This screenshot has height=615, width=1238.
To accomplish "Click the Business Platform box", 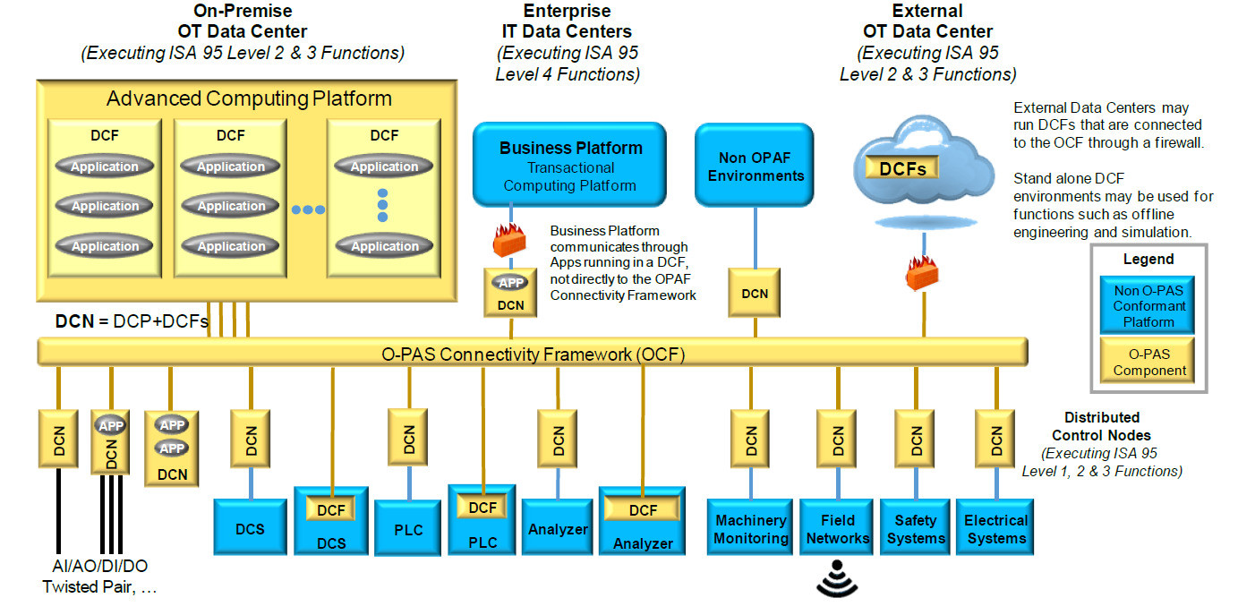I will point(570,165).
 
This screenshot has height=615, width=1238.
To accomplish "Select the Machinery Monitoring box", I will point(750,529).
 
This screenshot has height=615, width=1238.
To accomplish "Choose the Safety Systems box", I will point(916,529).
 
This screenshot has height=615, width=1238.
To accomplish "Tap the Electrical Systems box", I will point(995,529).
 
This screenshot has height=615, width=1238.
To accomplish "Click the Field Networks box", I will point(837,529).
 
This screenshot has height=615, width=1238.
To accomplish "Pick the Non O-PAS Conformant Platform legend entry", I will point(1148,305).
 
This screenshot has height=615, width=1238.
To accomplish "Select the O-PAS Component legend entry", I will point(1148,361).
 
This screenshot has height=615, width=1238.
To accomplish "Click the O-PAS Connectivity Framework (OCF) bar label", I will point(532,354).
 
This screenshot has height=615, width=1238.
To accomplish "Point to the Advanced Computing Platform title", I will point(249,98).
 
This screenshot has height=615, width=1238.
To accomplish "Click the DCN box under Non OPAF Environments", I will point(755,293).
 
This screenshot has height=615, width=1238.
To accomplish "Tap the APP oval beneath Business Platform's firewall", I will point(510,282).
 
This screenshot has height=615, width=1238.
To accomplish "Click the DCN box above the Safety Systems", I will point(916,439).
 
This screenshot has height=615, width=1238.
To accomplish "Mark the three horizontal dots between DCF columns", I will point(308,209).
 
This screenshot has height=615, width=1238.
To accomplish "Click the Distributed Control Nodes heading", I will point(1101,426).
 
